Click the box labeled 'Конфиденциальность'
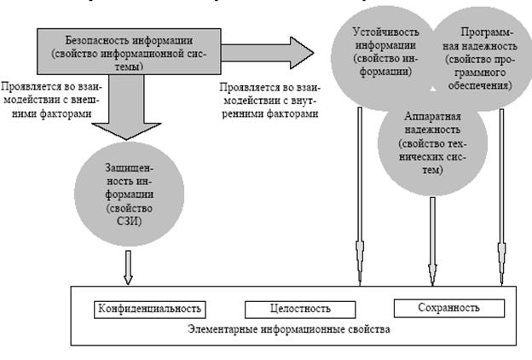tap(151, 308)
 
